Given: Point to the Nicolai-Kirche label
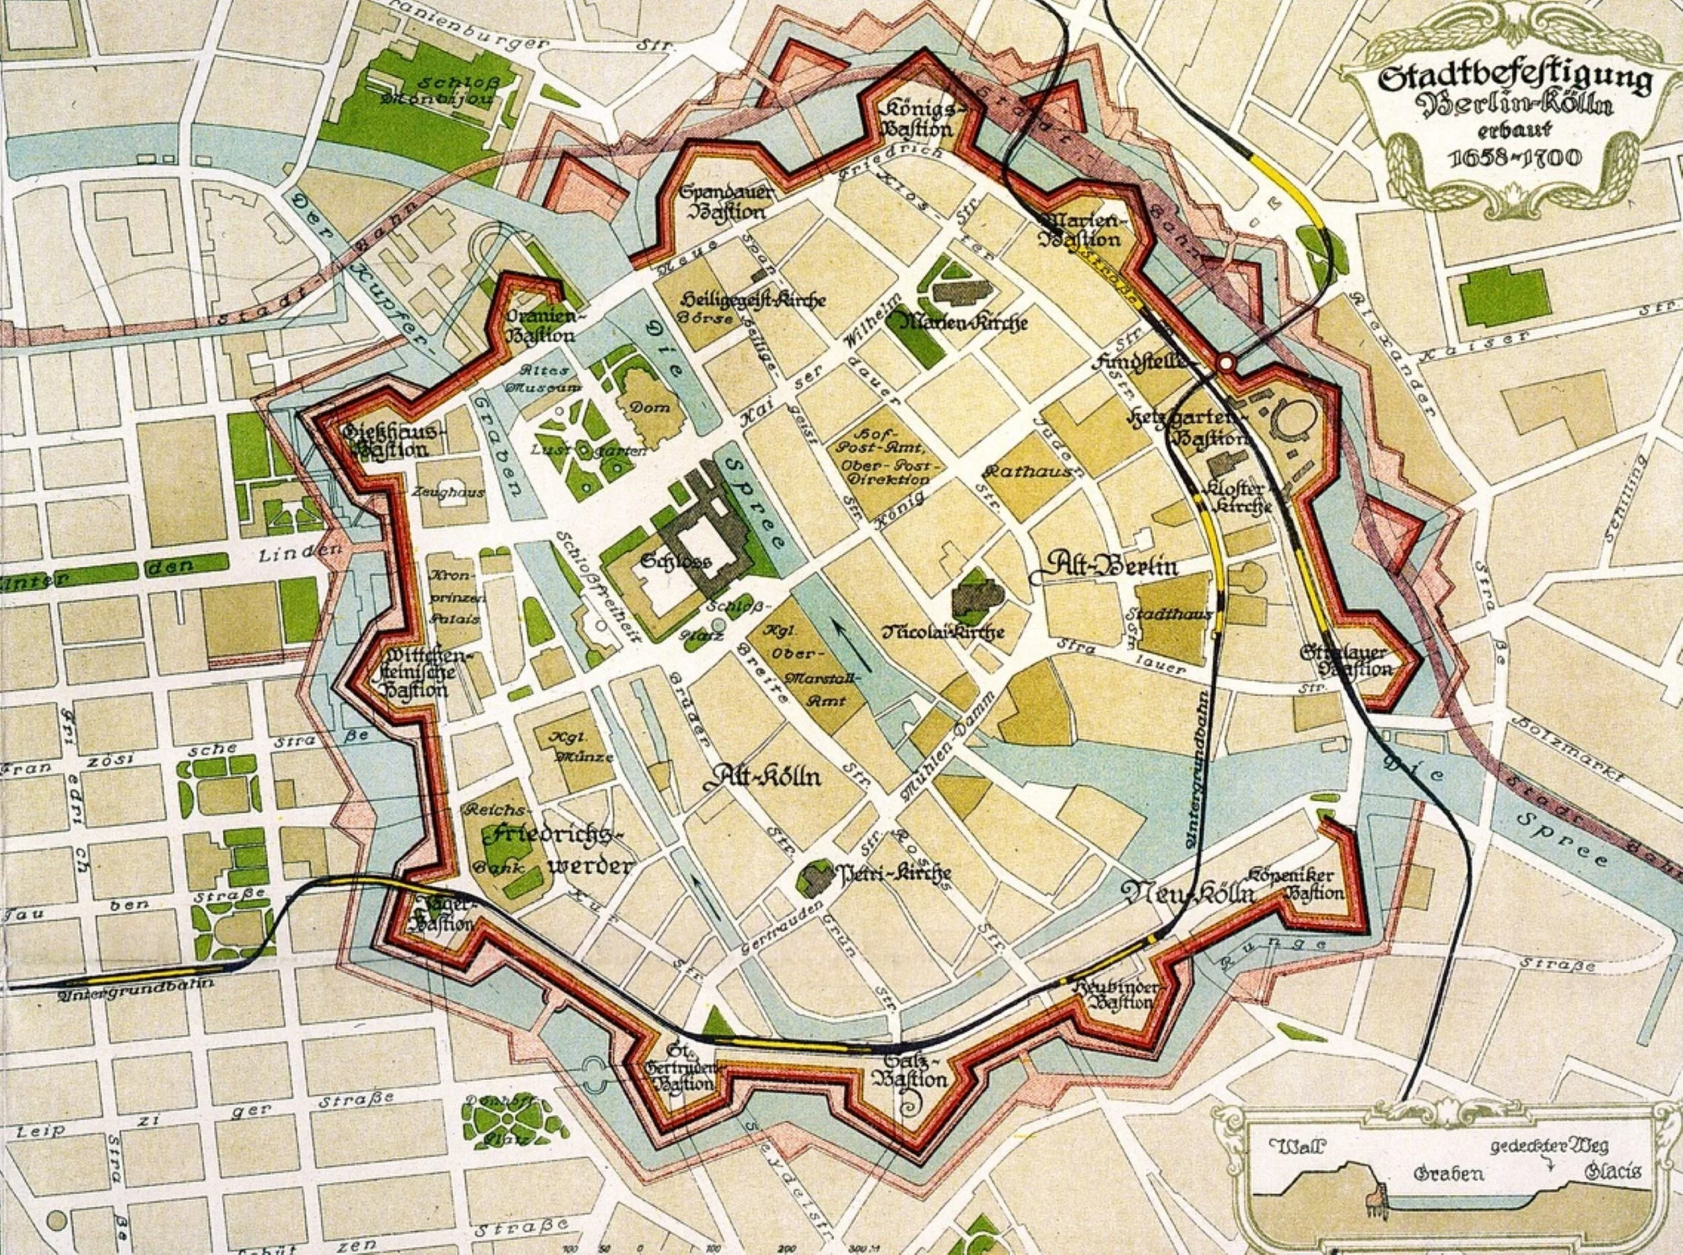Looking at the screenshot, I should point(943,632).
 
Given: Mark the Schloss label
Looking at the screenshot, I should point(675,562).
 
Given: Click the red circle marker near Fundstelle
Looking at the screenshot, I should point(1226,363).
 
